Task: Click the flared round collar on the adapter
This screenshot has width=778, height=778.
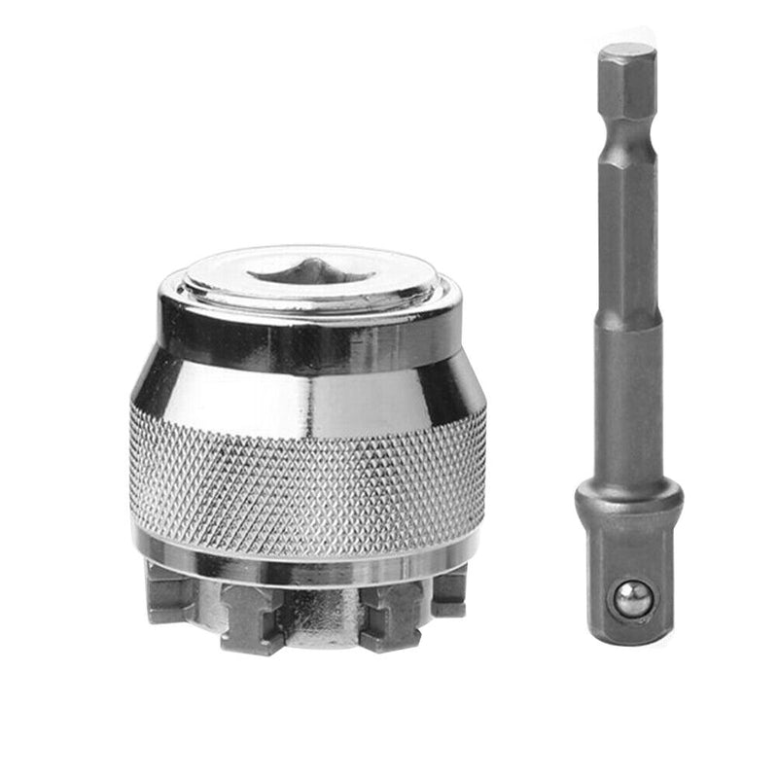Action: coord(628,501)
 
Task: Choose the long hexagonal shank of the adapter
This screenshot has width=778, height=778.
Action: coord(627,243)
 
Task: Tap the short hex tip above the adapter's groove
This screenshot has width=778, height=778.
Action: coord(627,92)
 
